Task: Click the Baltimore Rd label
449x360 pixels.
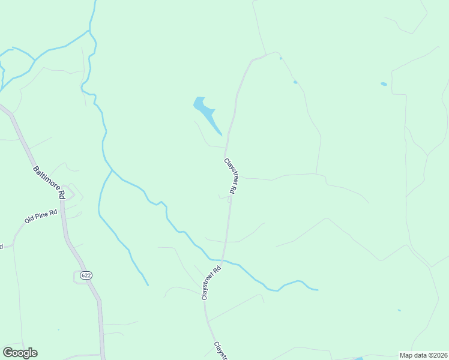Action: point(48,182)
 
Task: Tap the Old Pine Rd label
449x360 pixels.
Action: point(41,216)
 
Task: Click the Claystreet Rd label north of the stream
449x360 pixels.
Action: point(231,176)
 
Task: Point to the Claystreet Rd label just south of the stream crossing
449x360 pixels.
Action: point(211,283)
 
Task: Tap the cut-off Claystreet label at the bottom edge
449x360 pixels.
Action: point(221,351)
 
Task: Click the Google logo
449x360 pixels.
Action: point(20,353)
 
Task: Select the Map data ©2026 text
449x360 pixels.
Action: point(423,355)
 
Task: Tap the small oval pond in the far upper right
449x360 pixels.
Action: point(384,84)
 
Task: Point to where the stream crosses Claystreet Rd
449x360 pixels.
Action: point(223,261)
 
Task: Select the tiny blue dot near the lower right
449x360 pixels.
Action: point(399,310)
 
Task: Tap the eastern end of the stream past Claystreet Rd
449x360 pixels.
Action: point(317,290)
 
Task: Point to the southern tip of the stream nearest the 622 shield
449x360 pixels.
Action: point(147,284)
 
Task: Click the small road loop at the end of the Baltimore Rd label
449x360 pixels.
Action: point(70,193)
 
